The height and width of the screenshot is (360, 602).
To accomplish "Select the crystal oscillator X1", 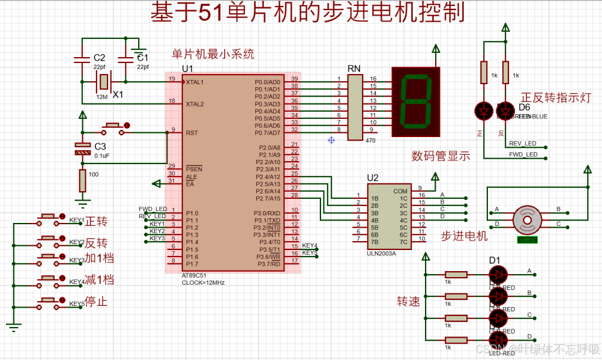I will [x=104, y=82].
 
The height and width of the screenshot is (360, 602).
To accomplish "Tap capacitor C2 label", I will [x=99, y=58].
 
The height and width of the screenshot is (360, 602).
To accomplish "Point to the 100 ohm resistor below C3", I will [x=82, y=180].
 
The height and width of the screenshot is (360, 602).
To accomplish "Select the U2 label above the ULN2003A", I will [x=373, y=178].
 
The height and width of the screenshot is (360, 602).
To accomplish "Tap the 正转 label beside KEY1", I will [x=96, y=222].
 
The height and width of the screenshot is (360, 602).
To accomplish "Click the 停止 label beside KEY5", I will [x=96, y=302].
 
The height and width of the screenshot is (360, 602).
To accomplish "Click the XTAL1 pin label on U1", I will [x=195, y=82].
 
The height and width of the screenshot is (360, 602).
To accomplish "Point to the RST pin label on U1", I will [x=191, y=133].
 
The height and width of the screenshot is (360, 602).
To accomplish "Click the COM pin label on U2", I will [x=400, y=191].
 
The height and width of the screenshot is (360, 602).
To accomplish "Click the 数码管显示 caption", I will [x=441, y=156].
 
